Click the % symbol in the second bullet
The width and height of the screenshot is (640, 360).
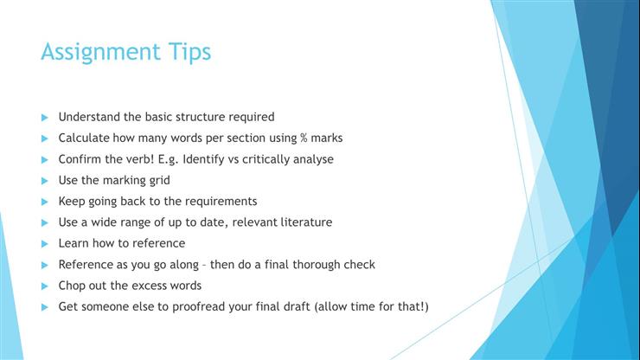304,138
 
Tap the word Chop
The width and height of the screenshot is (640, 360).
72,286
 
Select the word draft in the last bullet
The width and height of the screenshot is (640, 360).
300,306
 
